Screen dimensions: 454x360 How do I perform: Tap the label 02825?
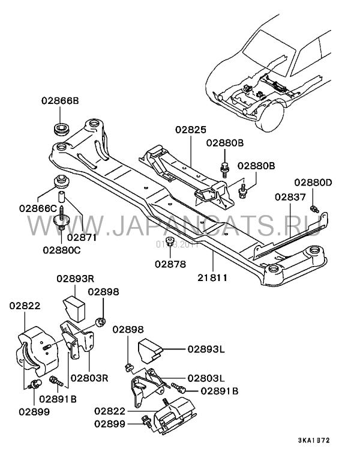[190, 129]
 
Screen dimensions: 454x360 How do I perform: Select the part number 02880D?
[313, 183]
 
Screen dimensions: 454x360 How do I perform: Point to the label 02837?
[290, 196]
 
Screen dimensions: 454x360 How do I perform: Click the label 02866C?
[37, 208]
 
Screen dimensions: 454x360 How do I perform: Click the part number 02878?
[170, 264]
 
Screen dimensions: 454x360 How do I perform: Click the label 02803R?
[89, 378]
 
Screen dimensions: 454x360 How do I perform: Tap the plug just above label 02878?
[170, 243]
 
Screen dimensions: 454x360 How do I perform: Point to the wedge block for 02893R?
[74, 306]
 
